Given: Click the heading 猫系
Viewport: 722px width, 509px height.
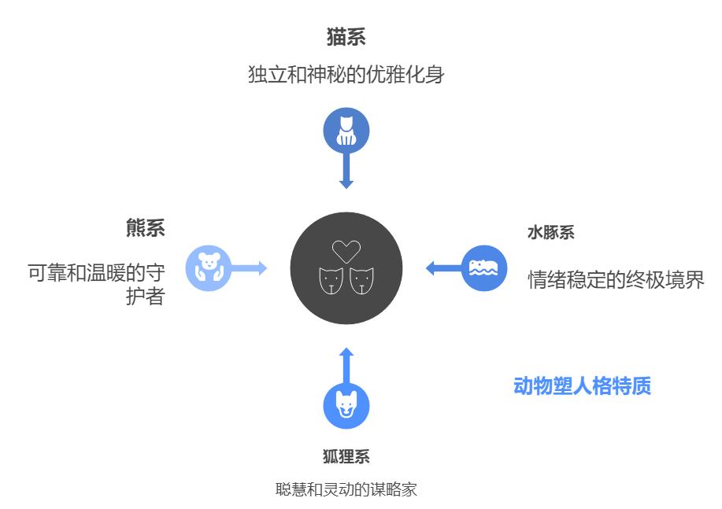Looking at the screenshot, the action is (346, 37).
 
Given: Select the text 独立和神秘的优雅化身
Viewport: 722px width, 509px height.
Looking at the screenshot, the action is (346, 75).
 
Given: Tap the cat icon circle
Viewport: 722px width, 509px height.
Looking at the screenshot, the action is (346, 131).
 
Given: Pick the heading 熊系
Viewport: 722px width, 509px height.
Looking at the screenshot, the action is (146, 228).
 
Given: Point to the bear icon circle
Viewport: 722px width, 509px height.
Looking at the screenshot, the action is (209, 268).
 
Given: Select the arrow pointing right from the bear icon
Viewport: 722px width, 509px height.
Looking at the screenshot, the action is (249, 268).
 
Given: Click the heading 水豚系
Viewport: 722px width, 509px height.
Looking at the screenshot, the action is (551, 232).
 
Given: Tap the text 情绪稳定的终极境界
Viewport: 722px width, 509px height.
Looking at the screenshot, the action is (616, 279).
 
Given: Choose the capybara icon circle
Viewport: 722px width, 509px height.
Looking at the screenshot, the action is (484, 268).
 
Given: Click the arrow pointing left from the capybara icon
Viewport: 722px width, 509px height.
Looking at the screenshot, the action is (443, 268).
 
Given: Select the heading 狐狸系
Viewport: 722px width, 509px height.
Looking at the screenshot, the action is (346, 456).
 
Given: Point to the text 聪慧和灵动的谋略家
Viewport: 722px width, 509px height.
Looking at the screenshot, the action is (346, 489).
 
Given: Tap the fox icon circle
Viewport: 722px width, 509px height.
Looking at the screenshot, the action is (346, 406).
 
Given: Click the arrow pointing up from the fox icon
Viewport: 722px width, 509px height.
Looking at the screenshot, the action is (346, 365).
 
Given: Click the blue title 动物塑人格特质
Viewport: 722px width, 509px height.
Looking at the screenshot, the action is (583, 385).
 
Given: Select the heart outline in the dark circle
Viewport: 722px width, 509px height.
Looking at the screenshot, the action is (346, 251).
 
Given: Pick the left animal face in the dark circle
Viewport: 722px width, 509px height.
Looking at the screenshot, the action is (331, 281).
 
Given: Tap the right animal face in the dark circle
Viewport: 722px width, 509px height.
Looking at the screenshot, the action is (361, 281).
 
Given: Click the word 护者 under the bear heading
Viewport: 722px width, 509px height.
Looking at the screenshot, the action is (146, 296).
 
